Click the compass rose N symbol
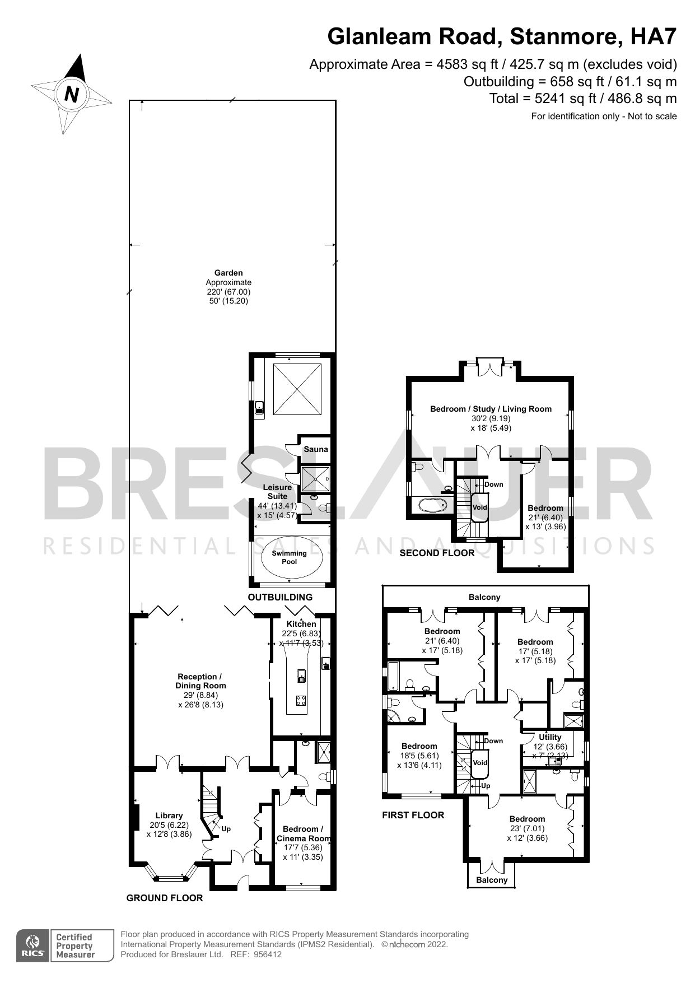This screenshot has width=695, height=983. coord(71,94)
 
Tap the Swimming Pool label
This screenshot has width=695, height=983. coord(290,557)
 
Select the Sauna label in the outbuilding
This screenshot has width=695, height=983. coord(316,449)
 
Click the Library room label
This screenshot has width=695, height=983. coord(169,816)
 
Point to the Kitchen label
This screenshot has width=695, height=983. coord(301,624)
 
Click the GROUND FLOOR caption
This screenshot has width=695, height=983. coord(164,898)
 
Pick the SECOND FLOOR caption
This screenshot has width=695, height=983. coord(437,553)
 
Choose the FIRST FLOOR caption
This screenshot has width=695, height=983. coord(413,815)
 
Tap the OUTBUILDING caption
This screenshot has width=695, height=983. coord(280,597)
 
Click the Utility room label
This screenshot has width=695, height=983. coord(550,737)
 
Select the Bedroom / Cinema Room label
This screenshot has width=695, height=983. coord(304,833)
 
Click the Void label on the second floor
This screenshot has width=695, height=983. coord(480,507)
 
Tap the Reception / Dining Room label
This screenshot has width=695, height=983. coord(200,681)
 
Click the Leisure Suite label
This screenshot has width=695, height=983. coord(277,492)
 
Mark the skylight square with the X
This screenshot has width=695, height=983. coord(297,389)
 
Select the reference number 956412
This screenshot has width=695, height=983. coord(267,954)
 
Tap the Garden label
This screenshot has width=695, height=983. coord(228,273)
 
